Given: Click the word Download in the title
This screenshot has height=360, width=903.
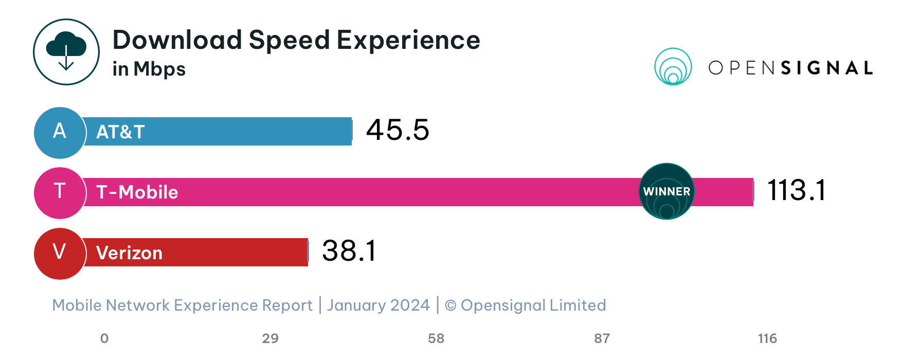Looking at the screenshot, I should [x=177, y=40].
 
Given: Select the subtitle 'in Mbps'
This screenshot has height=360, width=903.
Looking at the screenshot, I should [x=149, y=69].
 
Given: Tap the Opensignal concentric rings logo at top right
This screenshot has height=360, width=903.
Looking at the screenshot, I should [x=673, y=67].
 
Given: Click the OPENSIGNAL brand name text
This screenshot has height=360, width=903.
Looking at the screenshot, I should [x=790, y=68].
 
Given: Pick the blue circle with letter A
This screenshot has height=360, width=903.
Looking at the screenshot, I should [x=60, y=132].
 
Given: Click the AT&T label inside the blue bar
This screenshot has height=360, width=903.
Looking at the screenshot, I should [x=120, y=132].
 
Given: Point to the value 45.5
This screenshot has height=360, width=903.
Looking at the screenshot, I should [x=397, y=130].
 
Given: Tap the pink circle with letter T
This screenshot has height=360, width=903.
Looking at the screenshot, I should [x=60, y=192].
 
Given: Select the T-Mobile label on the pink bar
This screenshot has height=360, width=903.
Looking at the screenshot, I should [x=137, y=192].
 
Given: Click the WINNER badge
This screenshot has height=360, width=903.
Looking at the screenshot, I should [x=666, y=191].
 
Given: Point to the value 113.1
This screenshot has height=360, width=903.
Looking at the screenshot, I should [x=796, y=190].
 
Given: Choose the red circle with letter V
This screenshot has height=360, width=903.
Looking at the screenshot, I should [x=60, y=253].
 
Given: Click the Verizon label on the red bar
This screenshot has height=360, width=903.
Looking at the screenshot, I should [x=129, y=253].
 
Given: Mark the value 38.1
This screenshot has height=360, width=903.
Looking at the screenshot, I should [x=349, y=251].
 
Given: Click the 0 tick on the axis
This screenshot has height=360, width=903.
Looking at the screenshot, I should [x=104, y=338].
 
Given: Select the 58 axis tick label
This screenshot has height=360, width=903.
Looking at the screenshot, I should [x=436, y=338].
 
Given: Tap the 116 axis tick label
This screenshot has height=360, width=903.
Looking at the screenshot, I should [x=767, y=338].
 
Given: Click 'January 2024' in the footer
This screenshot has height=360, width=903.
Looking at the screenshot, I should [x=378, y=305].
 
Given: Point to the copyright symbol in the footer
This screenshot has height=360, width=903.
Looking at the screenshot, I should [x=450, y=305].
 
